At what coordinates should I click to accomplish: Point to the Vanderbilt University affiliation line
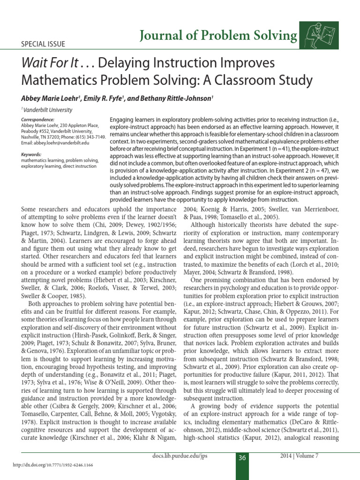pos(47,110)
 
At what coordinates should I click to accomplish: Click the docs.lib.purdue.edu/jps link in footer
pos(180,456)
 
